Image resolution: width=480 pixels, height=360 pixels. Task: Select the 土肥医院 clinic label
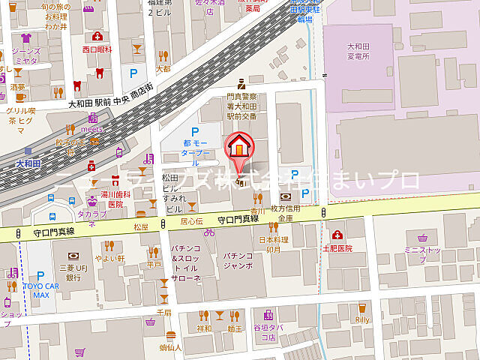[x=337, y=247]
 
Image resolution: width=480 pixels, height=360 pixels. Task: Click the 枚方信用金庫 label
[x=286, y=213]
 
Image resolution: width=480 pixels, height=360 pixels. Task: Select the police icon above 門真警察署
[x=241, y=84]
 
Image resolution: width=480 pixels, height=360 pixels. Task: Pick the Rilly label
[x=363, y=319]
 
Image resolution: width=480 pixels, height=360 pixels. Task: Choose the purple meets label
[x=92, y=127]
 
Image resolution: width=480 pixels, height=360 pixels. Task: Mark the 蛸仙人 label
[x=170, y=348]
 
